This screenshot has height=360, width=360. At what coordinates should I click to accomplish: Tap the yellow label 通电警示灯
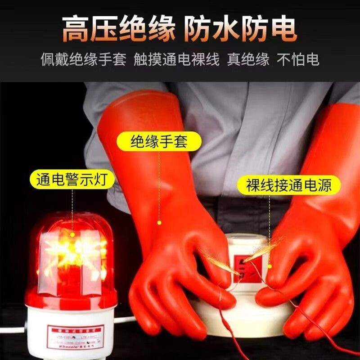point(72,180)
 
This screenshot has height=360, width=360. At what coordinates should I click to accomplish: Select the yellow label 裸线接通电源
point(288,185)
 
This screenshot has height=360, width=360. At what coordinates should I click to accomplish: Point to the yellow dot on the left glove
point(158,222)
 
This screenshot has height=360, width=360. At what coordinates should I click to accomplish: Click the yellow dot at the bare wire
point(270,266)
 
